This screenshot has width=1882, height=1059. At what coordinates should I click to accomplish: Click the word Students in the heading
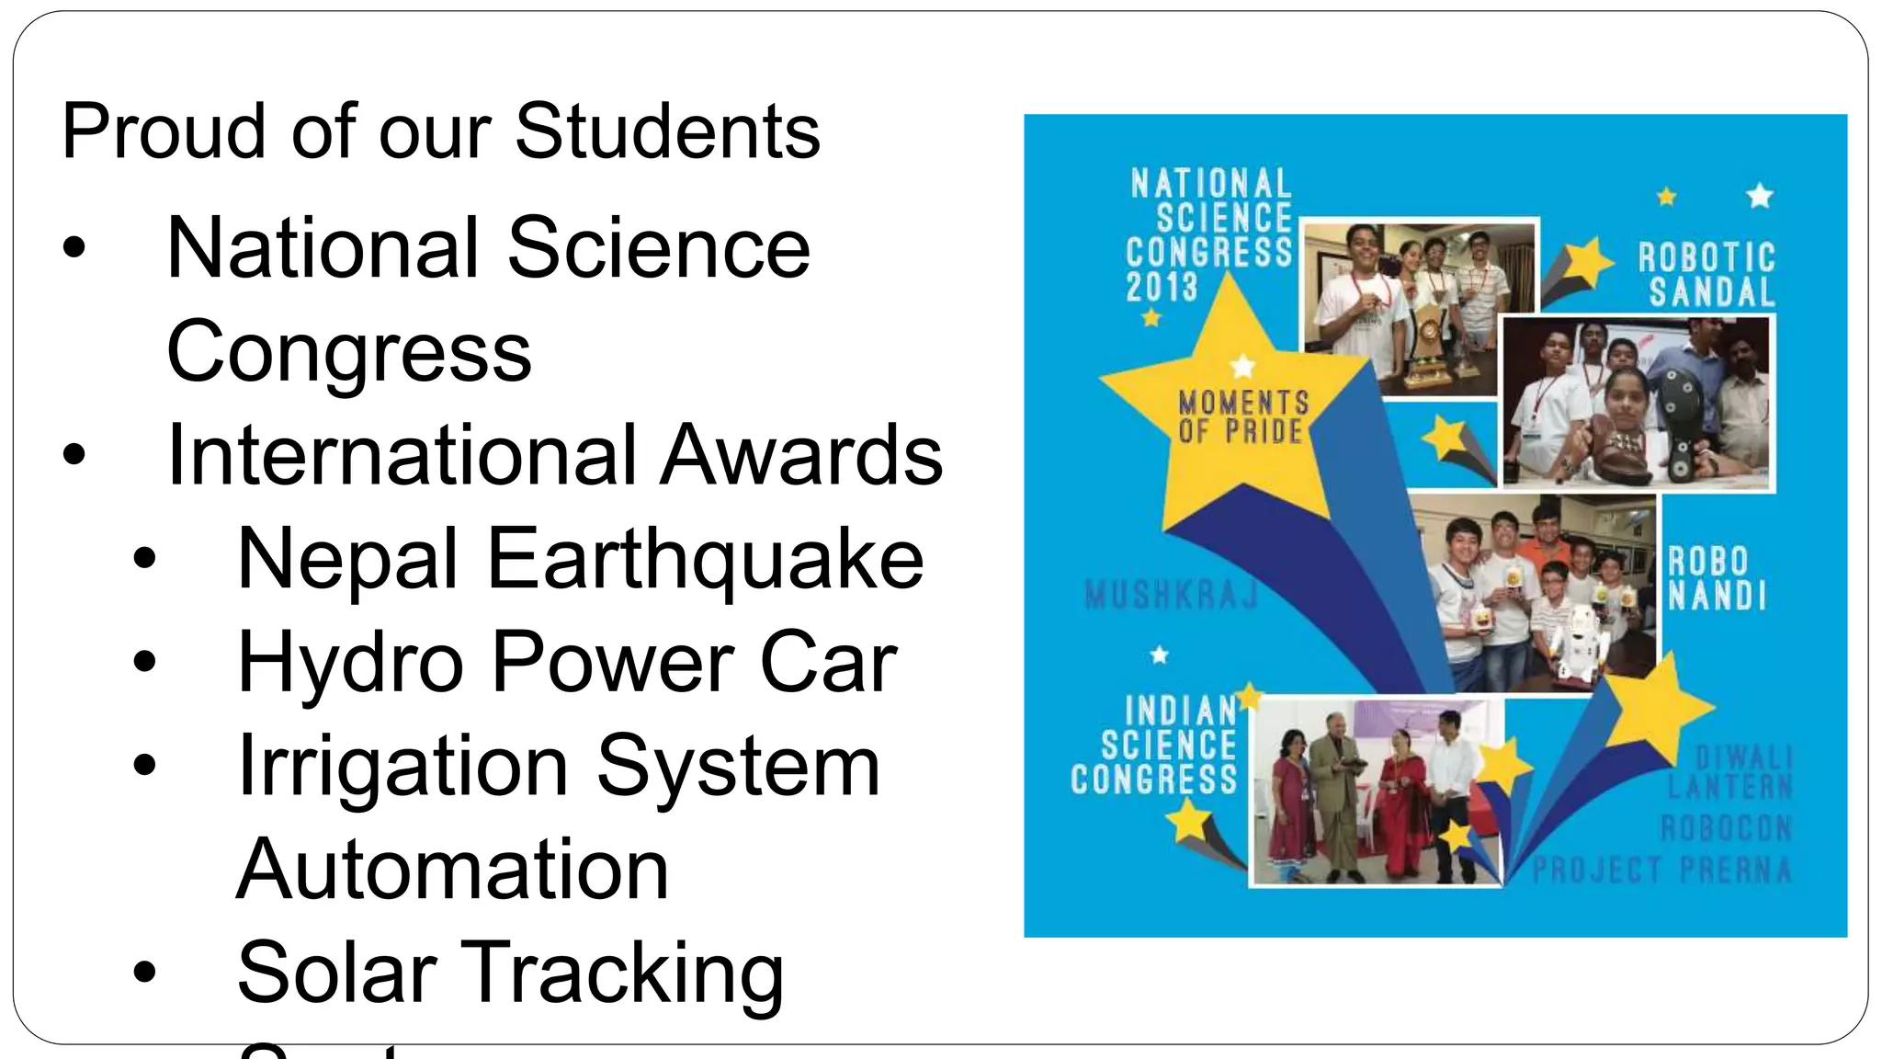pos(667,131)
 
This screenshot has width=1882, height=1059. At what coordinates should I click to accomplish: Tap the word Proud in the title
pos(164,131)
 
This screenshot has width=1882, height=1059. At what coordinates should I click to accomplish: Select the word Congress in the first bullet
pos(349,351)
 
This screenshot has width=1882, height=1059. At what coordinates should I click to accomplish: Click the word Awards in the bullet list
pos(801,455)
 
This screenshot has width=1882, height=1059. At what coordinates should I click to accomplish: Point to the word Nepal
pos(347,559)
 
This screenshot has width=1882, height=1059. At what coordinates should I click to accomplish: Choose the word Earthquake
pos(705,559)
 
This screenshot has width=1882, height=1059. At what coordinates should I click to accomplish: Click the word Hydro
pos(350,662)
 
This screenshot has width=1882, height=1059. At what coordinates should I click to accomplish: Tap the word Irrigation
pos(402,766)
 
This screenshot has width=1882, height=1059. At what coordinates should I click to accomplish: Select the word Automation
pos(453,870)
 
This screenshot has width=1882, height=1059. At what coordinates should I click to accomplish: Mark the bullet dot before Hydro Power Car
pos(144,662)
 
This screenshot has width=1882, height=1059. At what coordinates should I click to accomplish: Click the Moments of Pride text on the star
pos(1243,416)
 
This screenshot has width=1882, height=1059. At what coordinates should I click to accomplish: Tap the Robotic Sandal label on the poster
pos(1707,274)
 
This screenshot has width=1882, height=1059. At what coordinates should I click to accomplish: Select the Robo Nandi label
pos(1717,579)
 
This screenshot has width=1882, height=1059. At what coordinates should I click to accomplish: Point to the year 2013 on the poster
pos(1162,287)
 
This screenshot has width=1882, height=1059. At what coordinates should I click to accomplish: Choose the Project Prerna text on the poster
pos(1661,870)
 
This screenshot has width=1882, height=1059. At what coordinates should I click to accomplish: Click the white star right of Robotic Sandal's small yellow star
pos(1759,196)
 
